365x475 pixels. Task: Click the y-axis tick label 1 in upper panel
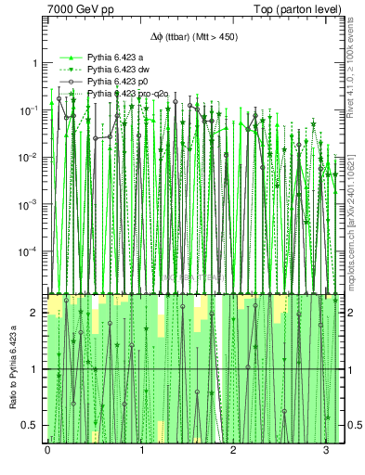(x=35, y=63)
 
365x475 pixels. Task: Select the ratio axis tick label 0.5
(x=32, y=425)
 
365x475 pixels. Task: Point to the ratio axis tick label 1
(x=35, y=369)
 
